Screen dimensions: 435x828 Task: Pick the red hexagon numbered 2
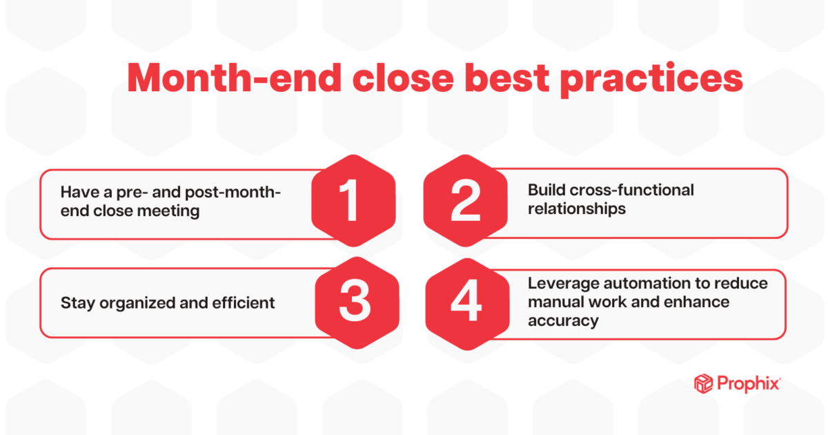tap(465, 200)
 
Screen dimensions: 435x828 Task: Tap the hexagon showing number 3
tap(356, 302)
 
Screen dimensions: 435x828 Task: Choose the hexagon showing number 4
tap(466, 302)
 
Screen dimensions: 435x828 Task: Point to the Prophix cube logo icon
tap(702, 383)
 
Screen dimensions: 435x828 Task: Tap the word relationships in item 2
tap(577, 208)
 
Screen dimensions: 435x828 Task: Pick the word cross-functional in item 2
tap(632, 190)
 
